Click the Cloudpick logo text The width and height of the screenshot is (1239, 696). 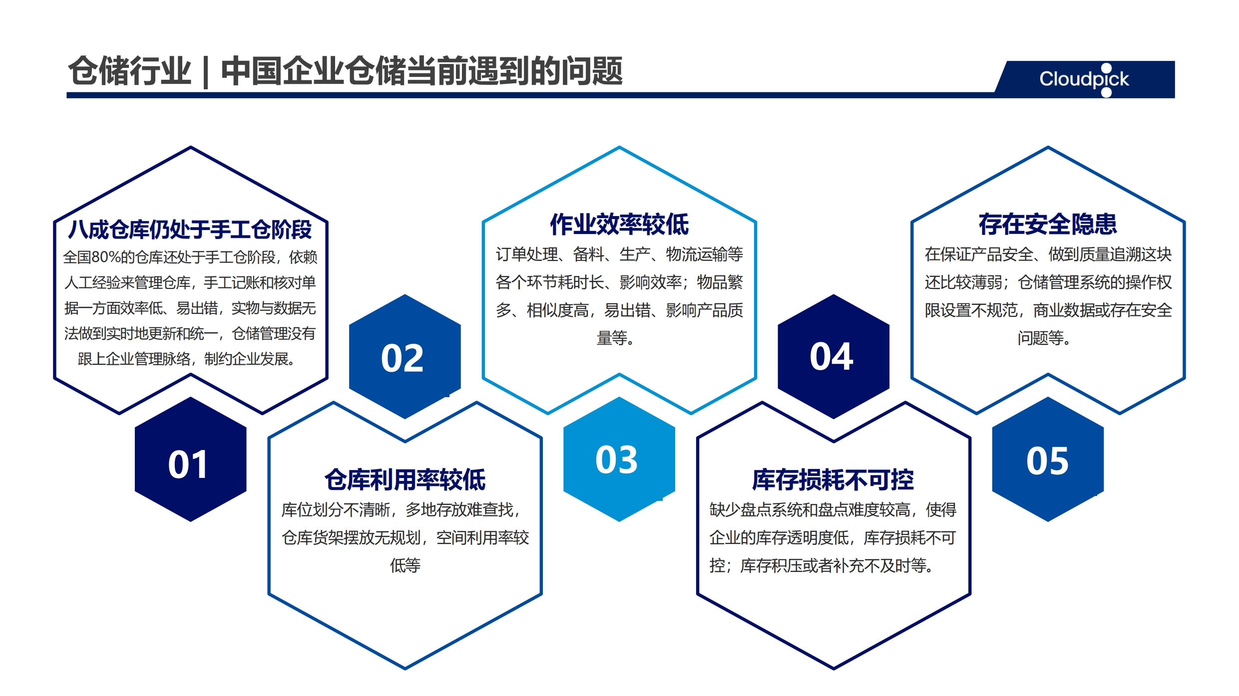click(x=1084, y=79)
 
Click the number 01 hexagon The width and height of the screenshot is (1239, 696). click(x=190, y=460)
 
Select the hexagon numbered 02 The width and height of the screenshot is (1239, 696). click(x=405, y=356)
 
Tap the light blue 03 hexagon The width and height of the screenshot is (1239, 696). click(x=619, y=460)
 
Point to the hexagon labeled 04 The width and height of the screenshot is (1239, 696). click(x=833, y=356)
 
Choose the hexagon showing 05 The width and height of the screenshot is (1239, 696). click(x=1048, y=460)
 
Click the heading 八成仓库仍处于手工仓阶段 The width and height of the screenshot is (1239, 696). click(x=190, y=230)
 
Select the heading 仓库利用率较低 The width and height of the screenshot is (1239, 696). click(x=405, y=480)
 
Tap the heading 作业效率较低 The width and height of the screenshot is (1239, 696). click(x=619, y=225)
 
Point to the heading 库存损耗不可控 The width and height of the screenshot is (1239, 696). click(x=833, y=480)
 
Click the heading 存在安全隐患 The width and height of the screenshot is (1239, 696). click(x=1048, y=225)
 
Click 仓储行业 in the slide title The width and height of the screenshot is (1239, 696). click(x=130, y=71)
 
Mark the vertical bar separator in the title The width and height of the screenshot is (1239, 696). click(x=206, y=72)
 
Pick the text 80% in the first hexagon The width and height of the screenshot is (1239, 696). click(x=106, y=257)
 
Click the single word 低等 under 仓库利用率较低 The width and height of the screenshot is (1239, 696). click(x=405, y=566)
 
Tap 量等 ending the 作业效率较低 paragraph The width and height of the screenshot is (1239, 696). click(x=615, y=338)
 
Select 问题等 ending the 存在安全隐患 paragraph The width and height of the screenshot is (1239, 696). click(x=1044, y=338)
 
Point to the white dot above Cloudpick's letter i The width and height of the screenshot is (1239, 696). click(x=1106, y=68)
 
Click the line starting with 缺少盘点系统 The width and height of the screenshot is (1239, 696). click(x=833, y=510)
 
